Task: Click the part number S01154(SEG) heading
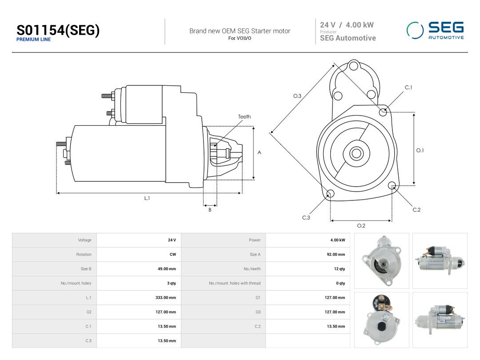click(58, 30)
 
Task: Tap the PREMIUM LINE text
click(34, 40)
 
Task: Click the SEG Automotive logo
click(435, 30)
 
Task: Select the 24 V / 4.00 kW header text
click(347, 25)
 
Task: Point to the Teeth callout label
click(244, 116)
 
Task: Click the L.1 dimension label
click(147, 198)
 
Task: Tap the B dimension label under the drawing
click(210, 210)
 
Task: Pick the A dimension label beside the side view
click(259, 152)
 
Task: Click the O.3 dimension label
click(297, 96)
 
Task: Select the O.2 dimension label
click(361, 226)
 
